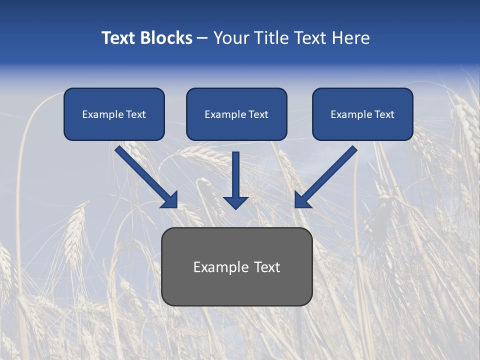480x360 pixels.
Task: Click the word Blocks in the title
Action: (x=167, y=38)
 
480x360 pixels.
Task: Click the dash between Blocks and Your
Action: (x=202, y=38)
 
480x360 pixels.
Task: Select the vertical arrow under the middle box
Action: (x=235, y=175)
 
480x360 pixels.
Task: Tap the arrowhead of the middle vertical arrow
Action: (x=235, y=202)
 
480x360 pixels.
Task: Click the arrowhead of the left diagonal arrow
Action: (x=170, y=200)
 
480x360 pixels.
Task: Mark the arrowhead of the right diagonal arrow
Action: (x=302, y=200)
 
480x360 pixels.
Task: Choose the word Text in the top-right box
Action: (x=384, y=114)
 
